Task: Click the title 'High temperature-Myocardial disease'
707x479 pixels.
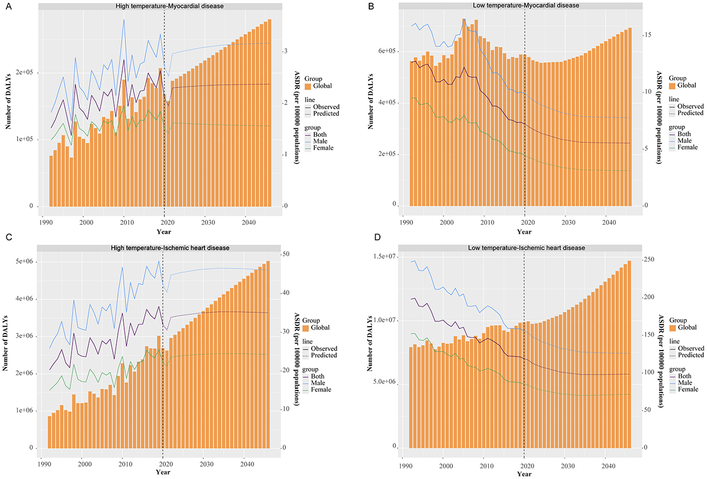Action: pos(170,6)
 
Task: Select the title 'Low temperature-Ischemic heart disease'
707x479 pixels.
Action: pos(526,248)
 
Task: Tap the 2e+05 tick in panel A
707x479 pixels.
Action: pos(23,72)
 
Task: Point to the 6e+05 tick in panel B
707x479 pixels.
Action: pos(385,51)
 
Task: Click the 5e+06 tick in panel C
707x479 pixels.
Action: pos(23,262)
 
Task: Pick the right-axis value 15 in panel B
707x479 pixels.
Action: pos(647,35)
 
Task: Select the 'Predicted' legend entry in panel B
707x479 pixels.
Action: pos(690,113)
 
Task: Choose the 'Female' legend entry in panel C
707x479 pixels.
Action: pos(322,389)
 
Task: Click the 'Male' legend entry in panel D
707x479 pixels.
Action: pos(685,383)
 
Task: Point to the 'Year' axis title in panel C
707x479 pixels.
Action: pos(163,472)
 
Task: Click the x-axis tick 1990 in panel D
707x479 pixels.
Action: pos(405,465)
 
